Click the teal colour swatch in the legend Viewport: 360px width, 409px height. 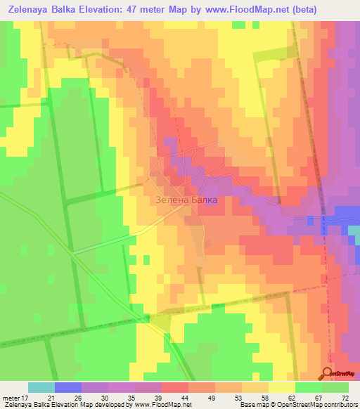41,387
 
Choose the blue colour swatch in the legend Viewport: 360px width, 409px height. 67,387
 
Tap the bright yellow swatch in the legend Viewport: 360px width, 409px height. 282,387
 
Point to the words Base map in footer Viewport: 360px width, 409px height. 254,405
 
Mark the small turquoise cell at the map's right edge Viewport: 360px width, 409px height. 354,234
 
